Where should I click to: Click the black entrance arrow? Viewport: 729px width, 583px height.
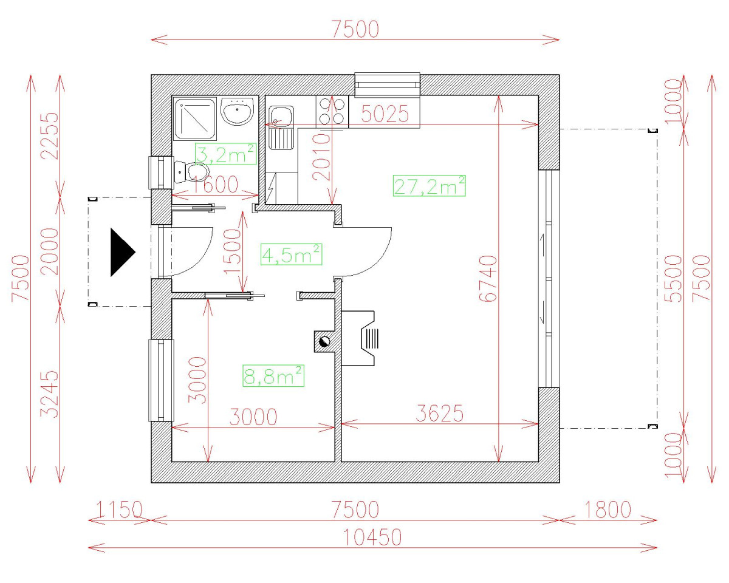[122, 253]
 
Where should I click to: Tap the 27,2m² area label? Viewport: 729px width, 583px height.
[430, 186]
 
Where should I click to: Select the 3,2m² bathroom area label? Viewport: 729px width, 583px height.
[225, 154]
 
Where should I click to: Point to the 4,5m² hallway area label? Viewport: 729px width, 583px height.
[292, 254]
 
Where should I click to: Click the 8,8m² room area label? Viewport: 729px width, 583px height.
[273, 376]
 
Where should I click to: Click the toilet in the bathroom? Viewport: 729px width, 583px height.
[191, 172]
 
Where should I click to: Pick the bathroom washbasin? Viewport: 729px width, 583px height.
[237, 111]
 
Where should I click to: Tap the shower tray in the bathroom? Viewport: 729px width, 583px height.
[195, 119]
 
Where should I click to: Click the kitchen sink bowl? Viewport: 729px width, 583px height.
[281, 116]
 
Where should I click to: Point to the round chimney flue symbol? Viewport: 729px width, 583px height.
[324, 341]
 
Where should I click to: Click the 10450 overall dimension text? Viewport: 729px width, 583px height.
[372, 537]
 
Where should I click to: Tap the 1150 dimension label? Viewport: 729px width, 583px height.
[119, 510]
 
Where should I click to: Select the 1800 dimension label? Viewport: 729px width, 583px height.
[607, 510]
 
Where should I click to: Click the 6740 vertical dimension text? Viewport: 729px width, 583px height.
[488, 279]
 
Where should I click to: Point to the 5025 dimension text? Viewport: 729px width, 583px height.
[385, 114]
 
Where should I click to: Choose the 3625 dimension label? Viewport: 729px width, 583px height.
[439, 414]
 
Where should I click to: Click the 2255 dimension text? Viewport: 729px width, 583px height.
[49, 135]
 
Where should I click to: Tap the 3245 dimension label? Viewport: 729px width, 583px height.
[49, 394]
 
